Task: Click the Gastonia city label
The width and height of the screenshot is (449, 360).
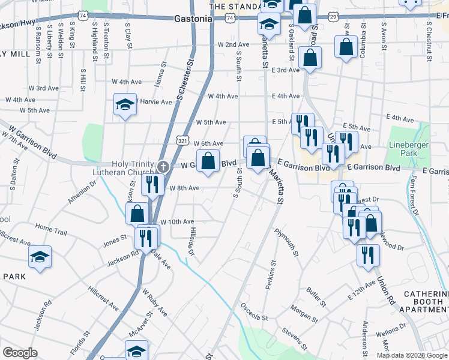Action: click(x=193, y=19)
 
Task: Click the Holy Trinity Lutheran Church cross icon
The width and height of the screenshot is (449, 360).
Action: click(x=162, y=166)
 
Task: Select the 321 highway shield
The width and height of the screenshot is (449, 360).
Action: click(x=182, y=139)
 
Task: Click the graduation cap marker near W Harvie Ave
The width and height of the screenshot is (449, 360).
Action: click(x=125, y=106)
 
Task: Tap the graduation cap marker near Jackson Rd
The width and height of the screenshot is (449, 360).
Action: click(x=40, y=258)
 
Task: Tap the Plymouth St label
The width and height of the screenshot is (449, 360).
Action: click(x=286, y=241)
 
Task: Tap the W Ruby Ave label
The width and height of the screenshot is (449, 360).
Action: click(x=154, y=302)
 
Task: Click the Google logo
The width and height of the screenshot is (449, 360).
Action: click(x=20, y=352)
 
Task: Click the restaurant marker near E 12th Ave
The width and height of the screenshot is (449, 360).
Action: click(x=368, y=254)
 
